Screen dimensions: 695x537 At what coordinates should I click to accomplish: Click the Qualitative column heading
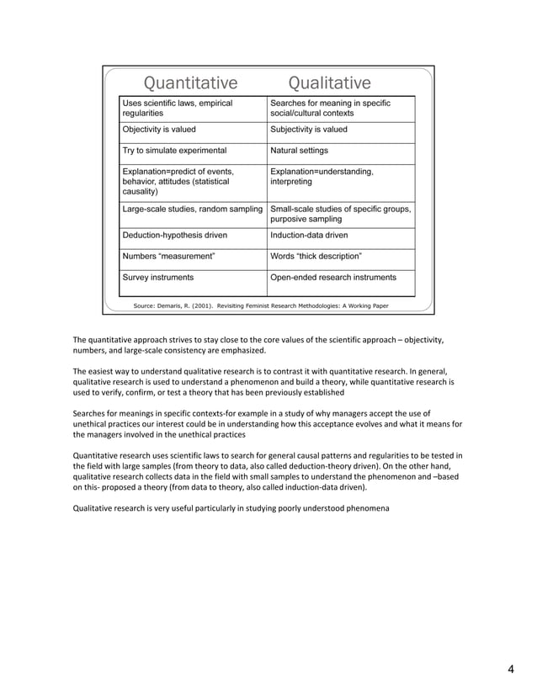(x=329, y=82)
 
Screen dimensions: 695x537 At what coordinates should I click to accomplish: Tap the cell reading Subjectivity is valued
(x=308, y=130)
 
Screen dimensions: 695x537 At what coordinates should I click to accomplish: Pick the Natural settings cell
(x=299, y=151)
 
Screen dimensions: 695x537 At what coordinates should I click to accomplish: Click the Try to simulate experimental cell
(x=174, y=151)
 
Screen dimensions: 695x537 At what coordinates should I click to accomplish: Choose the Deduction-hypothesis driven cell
(x=174, y=236)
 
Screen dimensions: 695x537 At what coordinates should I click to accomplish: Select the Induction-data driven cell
(x=308, y=236)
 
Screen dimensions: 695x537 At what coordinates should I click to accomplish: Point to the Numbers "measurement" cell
(x=168, y=256)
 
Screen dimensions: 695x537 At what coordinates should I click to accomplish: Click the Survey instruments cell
(x=157, y=277)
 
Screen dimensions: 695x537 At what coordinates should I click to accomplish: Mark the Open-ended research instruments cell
(x=332, y=277)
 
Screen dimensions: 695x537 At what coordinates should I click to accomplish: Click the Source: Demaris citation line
(x=260, y=305)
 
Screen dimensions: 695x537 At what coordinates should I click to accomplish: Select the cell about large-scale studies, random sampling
(x=192, y=208)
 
